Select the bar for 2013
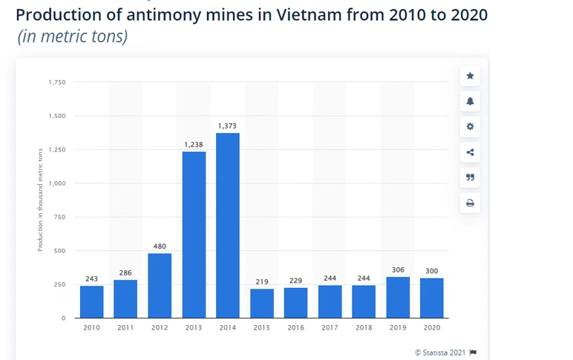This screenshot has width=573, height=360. [x=194, y=234]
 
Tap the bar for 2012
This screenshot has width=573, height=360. [x=160, y=285]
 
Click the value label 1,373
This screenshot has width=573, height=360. [x=227, y=125]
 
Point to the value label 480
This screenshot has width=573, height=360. [x=160, y=246]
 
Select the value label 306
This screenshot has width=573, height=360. [x=398, y=269]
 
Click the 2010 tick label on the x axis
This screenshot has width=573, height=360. [x=91, y=327]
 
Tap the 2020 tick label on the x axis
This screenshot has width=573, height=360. [x=432, y=327]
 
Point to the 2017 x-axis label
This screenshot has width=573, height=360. [x=330, y=327]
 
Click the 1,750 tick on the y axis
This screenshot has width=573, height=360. [x=57, y=82]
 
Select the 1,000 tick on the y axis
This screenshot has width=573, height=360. [x=57, y=183]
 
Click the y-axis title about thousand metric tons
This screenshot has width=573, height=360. [x=40, y=200]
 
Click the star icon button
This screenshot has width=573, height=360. [x=469, y=76]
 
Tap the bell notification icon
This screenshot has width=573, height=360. [x=469, y=101]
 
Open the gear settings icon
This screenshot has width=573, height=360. [x=469, y=127]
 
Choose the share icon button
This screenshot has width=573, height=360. [x=469, y=152]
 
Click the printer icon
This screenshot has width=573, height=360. [x=469, y=203]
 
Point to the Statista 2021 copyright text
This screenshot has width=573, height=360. [x=440, y=352]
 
